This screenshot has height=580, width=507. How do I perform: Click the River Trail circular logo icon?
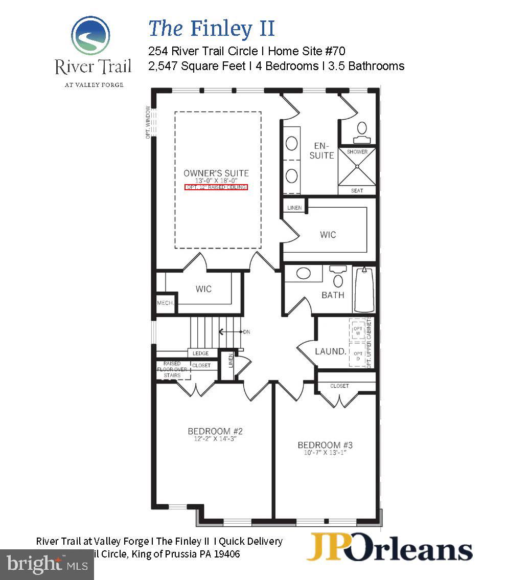(x=90, y=35)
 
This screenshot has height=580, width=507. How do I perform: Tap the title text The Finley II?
(x=212, y=28)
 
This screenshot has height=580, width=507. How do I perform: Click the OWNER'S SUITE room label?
(x=216, y=173)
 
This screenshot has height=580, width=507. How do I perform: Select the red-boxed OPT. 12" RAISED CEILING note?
(x=216, y=187)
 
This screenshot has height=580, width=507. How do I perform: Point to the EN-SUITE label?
(x=321, y=150)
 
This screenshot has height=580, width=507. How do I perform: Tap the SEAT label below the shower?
(x=357, y=191)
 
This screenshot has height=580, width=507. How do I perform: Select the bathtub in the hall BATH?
(x=364, y=289)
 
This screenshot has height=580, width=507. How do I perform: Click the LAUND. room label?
(x=330, y=351)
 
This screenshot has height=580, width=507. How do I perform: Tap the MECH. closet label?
(x=165, y=303)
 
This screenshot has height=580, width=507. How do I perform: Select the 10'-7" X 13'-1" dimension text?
(x=325, y=453)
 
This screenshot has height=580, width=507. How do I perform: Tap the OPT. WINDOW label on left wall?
(x=148, y=122)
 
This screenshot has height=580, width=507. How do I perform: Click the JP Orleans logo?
(x=389, y=548)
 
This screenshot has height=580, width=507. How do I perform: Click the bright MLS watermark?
(x=46, y=564)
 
